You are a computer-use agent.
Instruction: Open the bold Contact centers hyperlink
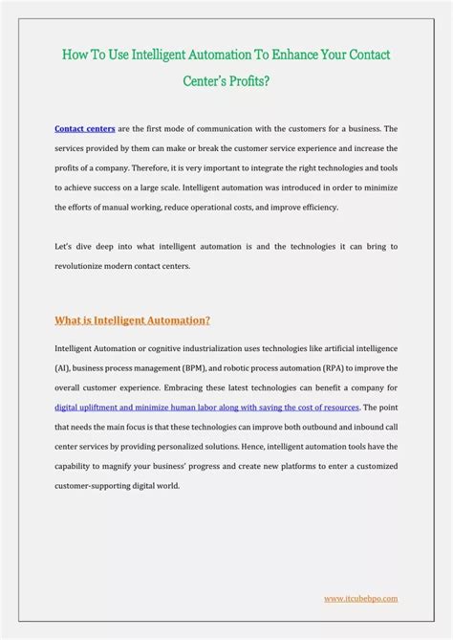pos(85,128)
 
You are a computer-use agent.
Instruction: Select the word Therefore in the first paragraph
pos(155,167)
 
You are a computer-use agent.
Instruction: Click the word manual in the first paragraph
pos(114,207)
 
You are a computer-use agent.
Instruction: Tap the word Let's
pos(65,247)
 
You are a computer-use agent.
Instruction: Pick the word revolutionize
pos(83,266)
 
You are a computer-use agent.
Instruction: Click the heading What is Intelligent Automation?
pos(132,320)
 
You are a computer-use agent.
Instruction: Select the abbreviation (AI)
pos(63,367)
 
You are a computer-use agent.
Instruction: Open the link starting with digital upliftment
pos(206,407)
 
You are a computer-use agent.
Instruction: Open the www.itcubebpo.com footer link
pos(360,598)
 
